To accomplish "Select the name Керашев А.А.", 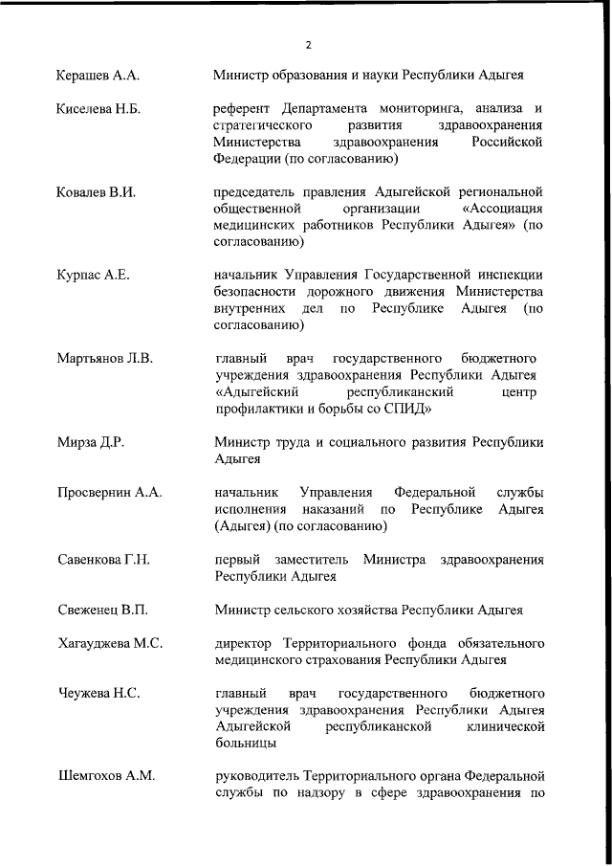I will (98, 74).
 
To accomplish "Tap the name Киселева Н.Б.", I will (98, 109).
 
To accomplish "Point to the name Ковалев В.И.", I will (96, 191).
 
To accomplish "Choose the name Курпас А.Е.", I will (93, 275).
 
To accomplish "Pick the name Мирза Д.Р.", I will (91, 442).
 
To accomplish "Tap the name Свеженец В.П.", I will (101, 609).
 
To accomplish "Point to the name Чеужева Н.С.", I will (98, 692).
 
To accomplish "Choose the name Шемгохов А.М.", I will (106, 775).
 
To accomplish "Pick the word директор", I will (243, 643).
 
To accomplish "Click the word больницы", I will (246, 743).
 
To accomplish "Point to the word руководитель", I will (256, 775).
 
